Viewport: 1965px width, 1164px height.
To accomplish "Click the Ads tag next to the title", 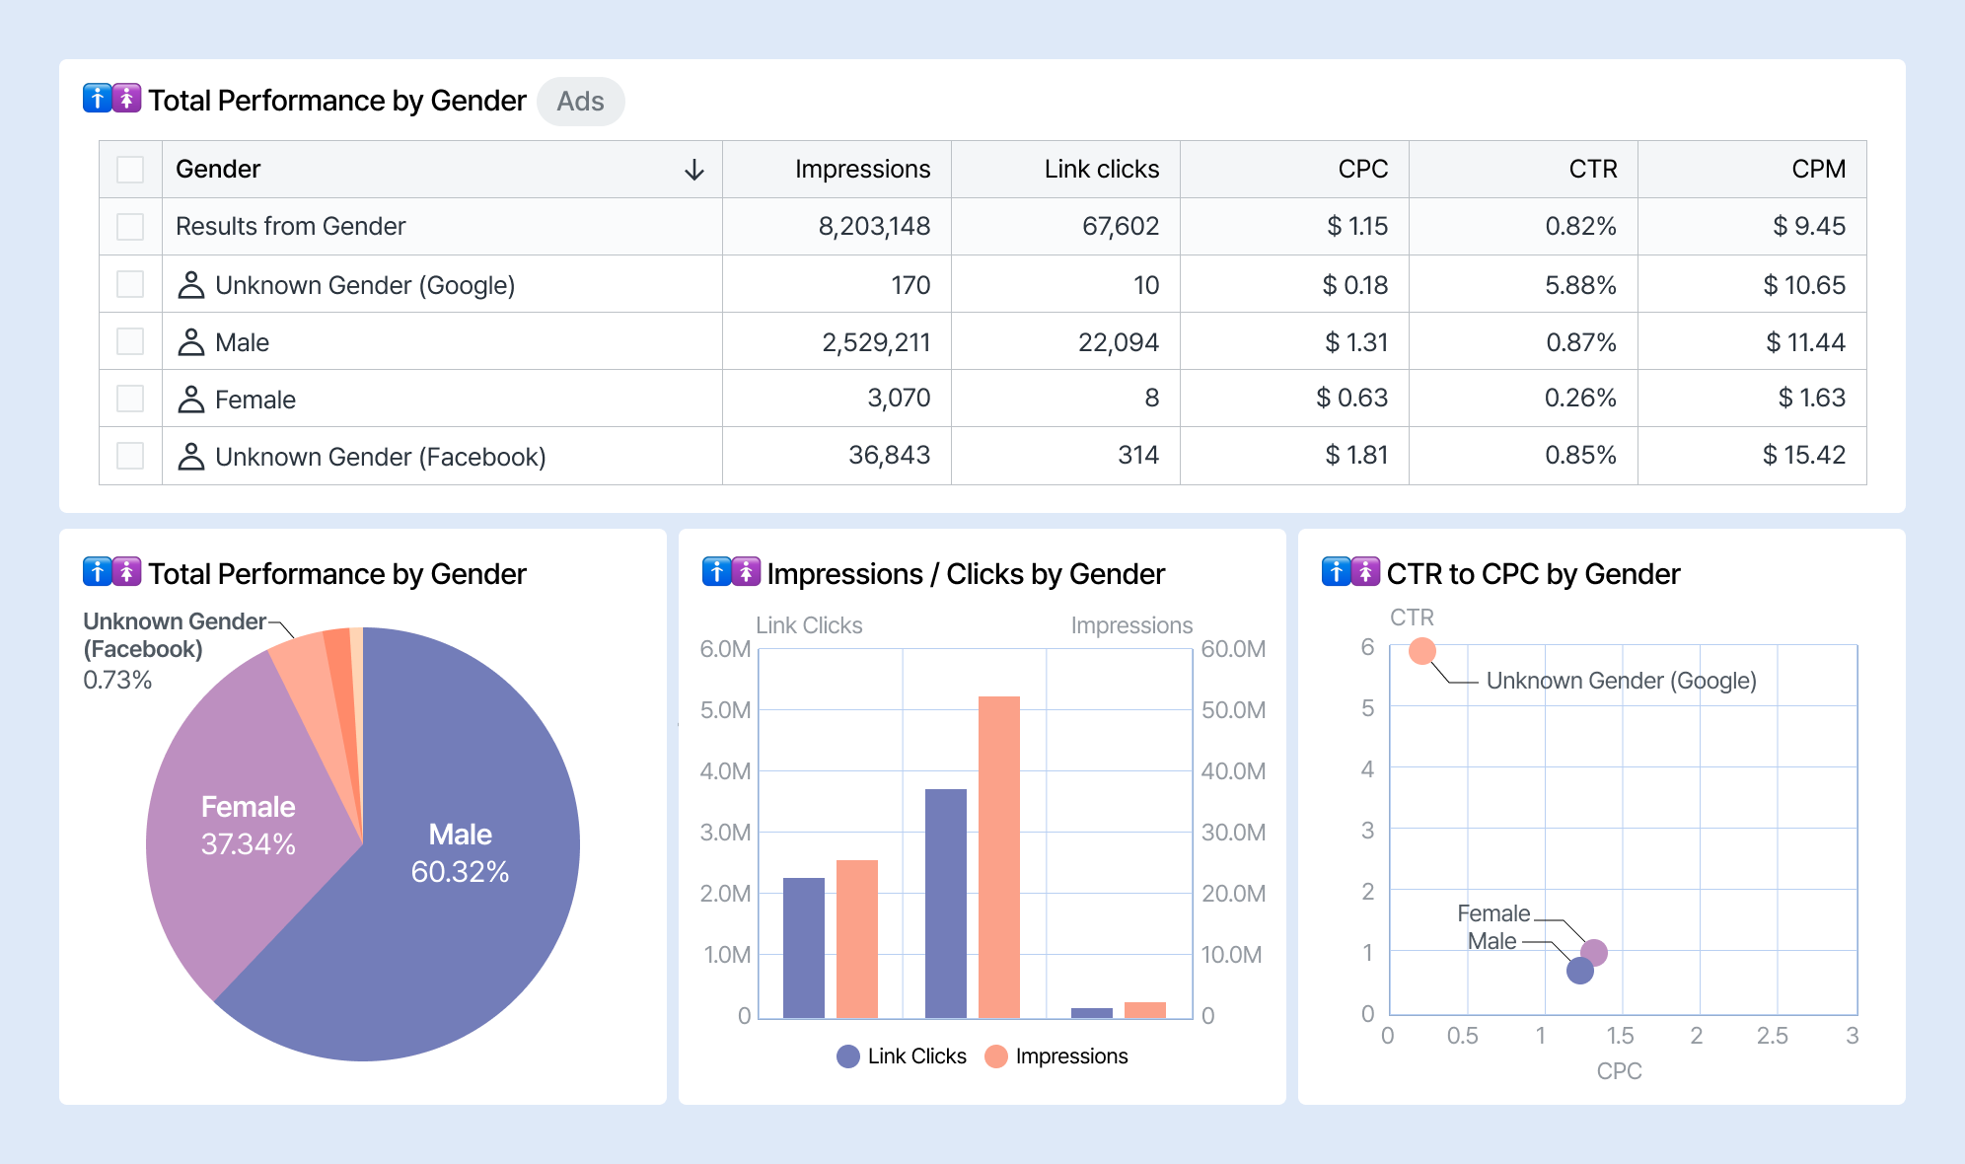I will (580, 102).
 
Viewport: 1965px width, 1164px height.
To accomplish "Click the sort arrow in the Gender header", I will (694, 170).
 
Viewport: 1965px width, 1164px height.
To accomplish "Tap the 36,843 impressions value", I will (889, 455).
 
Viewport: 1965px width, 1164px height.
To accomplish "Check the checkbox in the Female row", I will (130, 399).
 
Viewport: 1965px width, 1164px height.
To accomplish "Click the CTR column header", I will (1592, 169).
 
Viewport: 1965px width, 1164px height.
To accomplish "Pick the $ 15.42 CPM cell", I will (1803, 455).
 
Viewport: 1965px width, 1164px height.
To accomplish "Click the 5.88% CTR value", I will (1580, 285).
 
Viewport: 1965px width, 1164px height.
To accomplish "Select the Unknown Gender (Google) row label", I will (364, 285).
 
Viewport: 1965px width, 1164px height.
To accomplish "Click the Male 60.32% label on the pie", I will (460, 853).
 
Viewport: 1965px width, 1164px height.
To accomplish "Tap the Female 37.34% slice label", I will (248, 826).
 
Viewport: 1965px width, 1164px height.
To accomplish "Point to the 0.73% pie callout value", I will (117, 680).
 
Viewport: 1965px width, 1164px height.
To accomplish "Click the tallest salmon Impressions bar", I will (998, 856).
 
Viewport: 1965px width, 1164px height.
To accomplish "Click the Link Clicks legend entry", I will (902, 1056).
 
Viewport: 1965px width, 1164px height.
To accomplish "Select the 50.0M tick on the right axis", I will (1233, 710).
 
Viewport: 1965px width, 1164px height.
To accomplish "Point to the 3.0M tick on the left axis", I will (725, 833).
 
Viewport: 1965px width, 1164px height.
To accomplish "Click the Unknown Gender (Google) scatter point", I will (1421, 651).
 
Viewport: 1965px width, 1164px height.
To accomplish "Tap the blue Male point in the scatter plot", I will (1579, 971).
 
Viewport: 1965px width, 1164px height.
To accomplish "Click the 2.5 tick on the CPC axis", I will (1772, 1036).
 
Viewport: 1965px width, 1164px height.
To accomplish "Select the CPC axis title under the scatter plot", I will (1619, 1071).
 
